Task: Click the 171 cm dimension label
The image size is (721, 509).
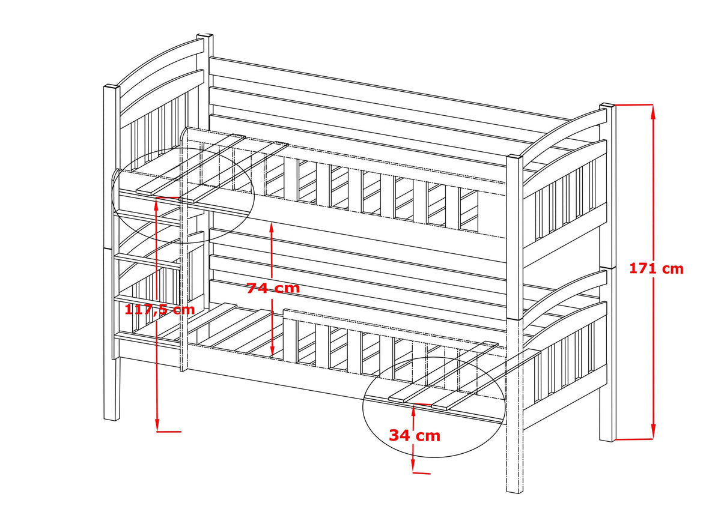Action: (x=656, y=269)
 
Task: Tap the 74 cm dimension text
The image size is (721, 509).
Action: (x=273, y=288)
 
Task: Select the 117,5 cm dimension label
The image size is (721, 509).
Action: (x=160, y=309)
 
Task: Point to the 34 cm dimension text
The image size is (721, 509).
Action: (x=415, y=436)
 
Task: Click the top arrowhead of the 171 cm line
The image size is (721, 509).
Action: (x=653, y=110)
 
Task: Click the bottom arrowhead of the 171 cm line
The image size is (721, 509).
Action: (x=653, y=433)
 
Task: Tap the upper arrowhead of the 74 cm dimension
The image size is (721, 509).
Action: (x=272, y=227)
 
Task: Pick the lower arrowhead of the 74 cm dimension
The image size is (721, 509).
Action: (x=272, y=351)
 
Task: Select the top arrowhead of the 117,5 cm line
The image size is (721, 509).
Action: (x=156, y=204)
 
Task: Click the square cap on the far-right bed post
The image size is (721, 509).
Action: (x=607, y=106)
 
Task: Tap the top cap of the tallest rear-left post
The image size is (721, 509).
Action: (x=205, y=35)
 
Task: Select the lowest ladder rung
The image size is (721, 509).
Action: (x=148, y=340)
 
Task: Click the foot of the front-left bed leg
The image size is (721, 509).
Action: (x=111, y=418)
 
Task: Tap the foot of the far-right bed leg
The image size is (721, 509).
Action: (x=607, y=439)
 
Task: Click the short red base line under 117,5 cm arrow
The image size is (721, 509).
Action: (x=169, y=432)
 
